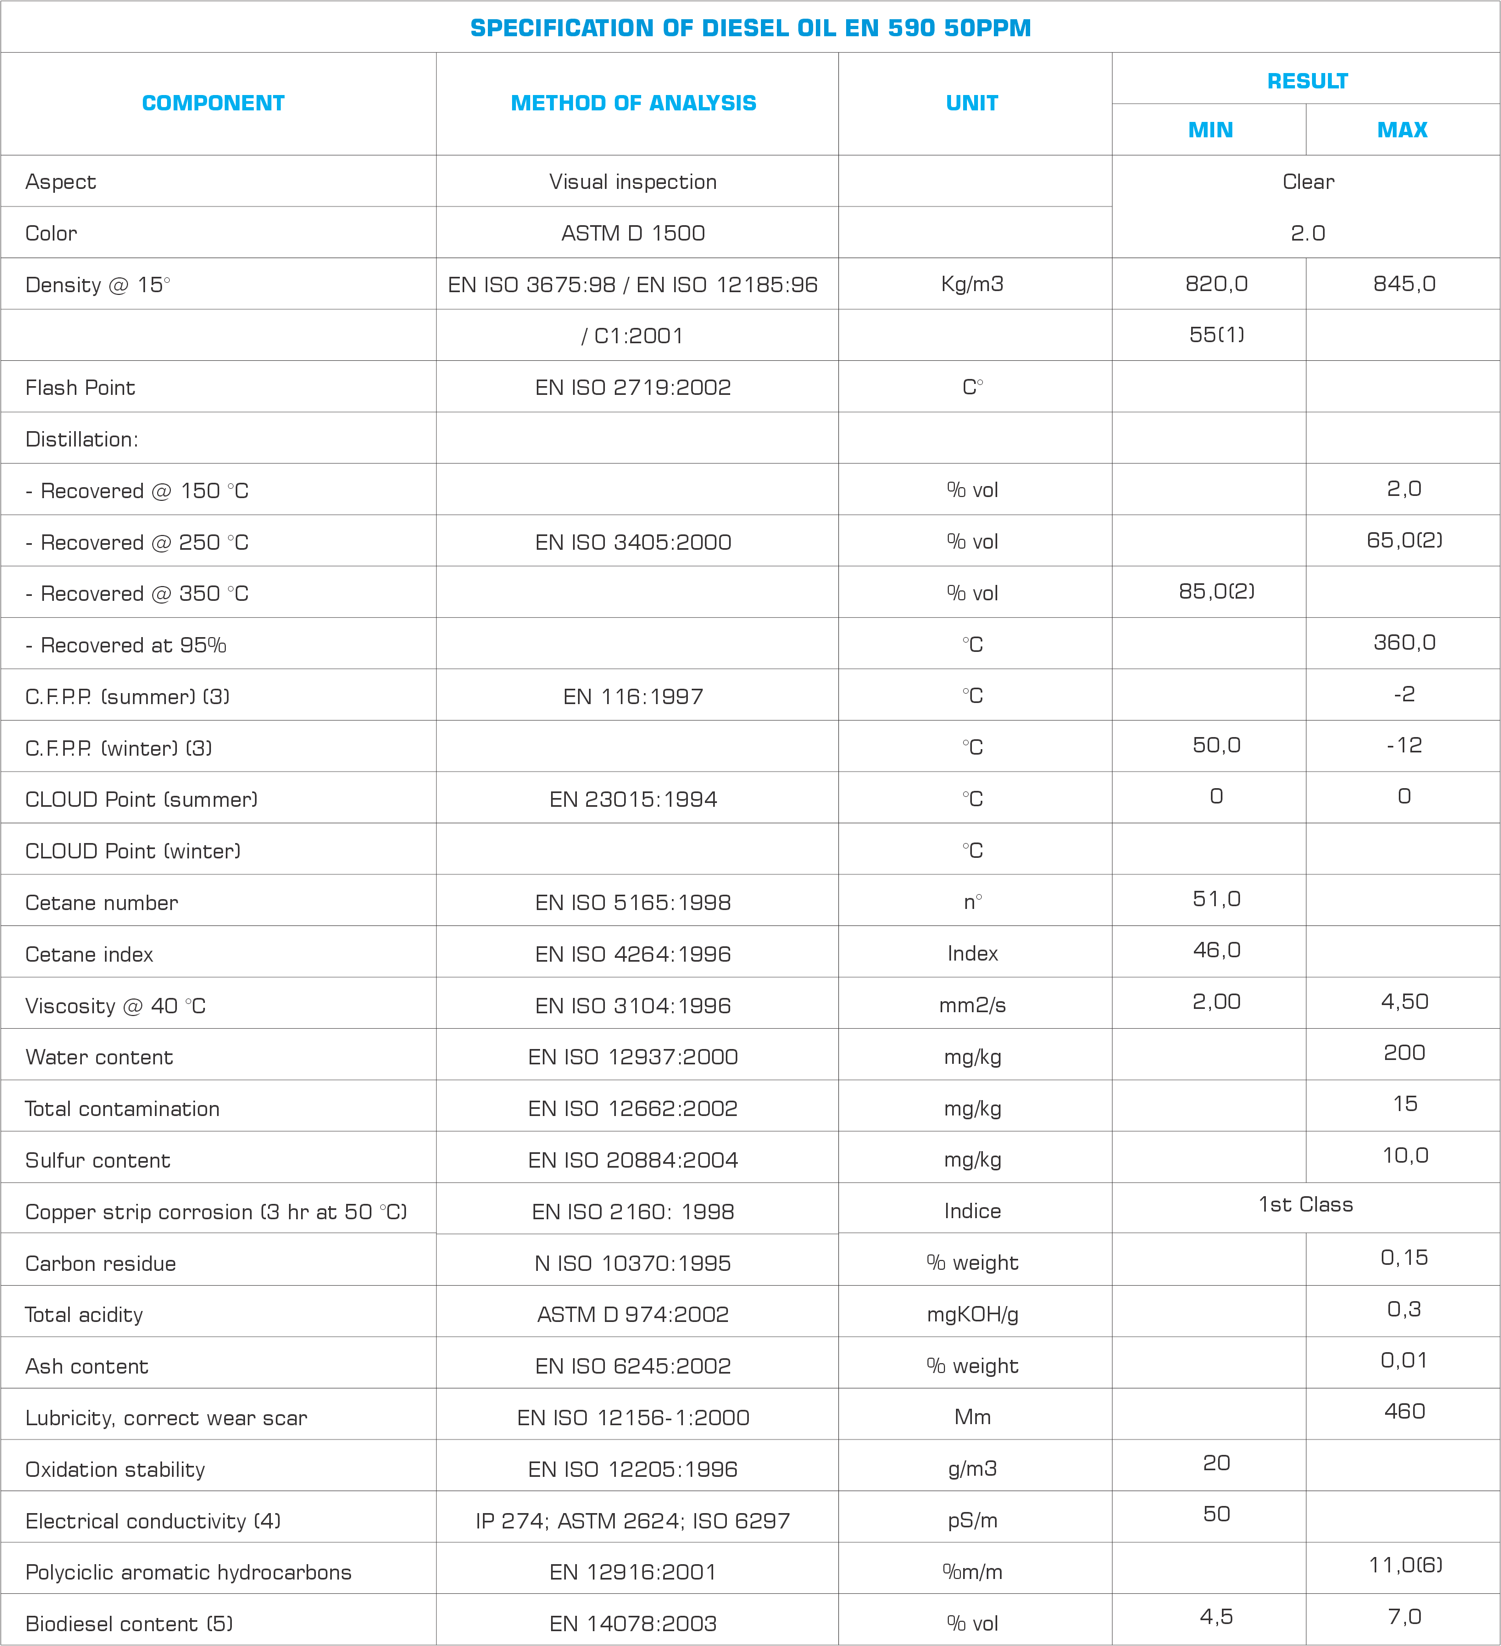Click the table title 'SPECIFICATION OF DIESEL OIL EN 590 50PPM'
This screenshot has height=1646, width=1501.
[750, 28]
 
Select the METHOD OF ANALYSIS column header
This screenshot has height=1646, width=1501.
[633, 103]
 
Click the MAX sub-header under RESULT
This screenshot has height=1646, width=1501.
[1402, 130]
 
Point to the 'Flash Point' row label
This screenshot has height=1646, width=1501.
[80, 387]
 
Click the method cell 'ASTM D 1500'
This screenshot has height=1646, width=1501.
[633, 233]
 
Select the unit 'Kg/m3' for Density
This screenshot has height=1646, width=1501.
[972, 284]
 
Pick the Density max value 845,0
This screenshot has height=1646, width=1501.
[1403, 283]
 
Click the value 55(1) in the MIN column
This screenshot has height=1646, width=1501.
[1216, 335]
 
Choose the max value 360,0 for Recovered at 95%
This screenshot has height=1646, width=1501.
[1403, 643]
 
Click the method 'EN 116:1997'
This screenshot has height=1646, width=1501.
[633, 696]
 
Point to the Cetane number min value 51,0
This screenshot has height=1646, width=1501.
[1216, 899]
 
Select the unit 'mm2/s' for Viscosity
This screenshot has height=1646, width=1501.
[972, 1005]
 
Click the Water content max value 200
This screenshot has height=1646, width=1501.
[1403, 1052]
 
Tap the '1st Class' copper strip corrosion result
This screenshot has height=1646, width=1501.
[1305, 1204]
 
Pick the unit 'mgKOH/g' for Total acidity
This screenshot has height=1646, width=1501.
[972, 1314]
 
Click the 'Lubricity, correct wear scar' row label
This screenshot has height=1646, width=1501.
[166, 1418]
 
